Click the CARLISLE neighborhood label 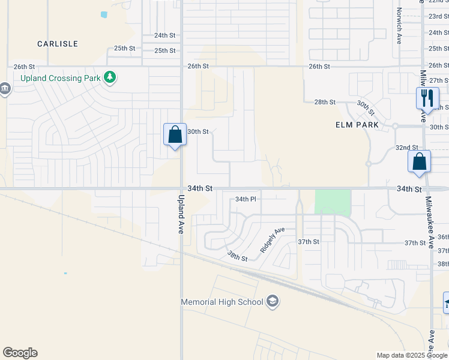(x=58, y=44)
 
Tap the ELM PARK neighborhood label (x=357, y=125)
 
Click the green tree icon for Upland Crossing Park (x=109, y=77)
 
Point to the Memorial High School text (x=222, y=301)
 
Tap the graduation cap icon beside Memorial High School (x=273, y=301)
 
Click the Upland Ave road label (x=181, y=213)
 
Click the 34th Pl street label (x=246, y=199)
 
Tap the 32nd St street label (x=406, y=148)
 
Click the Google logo (x=20, y=353)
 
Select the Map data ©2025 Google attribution (x=412, y=355)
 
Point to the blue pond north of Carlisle (x=104, y=14)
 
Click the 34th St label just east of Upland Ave (x=200, y=188)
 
